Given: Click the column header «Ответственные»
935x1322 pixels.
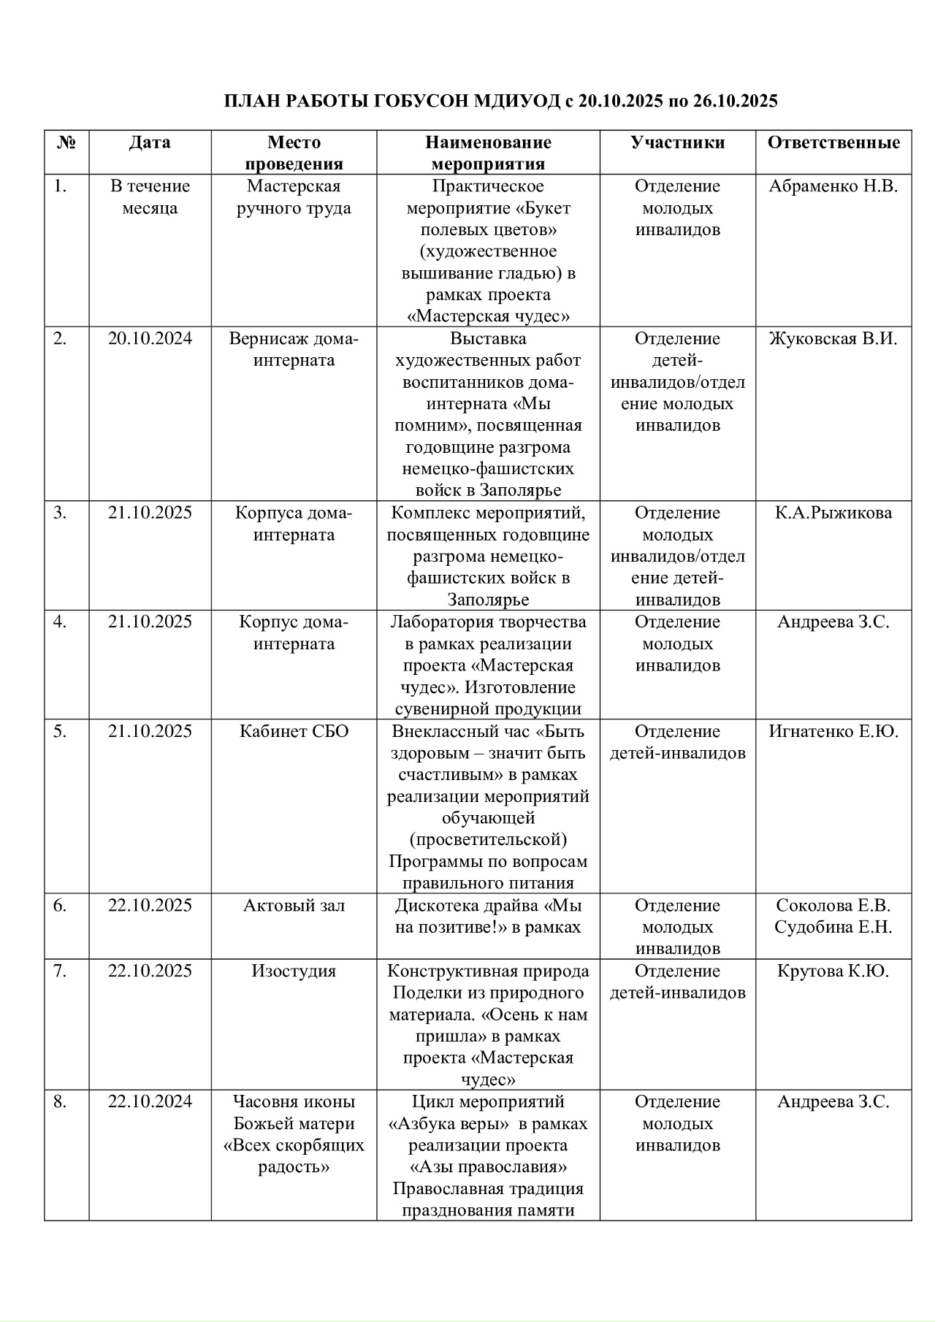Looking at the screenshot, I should [x=833, y=142].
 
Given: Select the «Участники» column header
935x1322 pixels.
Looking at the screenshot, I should [x=678, y=142].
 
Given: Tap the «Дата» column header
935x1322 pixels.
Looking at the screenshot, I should [x=150, y=142].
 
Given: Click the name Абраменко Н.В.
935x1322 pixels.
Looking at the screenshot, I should [x=833, y=186].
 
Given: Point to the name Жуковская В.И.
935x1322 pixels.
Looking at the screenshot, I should [x=833, y=339].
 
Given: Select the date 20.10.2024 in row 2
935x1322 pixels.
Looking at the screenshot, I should [x=150, y=339].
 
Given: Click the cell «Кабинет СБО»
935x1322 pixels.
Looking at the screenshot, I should [x=294, y=731].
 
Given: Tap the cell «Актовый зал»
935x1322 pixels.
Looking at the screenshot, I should [x=294, y=906].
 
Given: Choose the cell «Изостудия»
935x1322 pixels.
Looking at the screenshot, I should [x=294, y=971].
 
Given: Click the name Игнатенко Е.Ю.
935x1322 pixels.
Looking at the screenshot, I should [x=833, y=731].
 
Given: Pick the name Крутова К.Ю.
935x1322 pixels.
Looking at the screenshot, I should [x=833, y=971].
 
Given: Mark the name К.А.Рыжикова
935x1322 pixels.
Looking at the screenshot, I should [x=833, y=513].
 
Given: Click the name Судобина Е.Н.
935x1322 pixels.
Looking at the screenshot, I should [x=833, y=928].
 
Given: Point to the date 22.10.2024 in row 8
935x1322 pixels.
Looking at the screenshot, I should [x=150, y=1101].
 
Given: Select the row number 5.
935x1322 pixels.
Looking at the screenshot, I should [x=60, y=731].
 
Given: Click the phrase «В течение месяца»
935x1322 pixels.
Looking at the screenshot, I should [x=150, y=197].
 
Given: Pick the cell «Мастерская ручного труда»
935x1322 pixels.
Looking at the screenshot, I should [x=294, y=197].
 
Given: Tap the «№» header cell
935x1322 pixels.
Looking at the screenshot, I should [x=66, y=142].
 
